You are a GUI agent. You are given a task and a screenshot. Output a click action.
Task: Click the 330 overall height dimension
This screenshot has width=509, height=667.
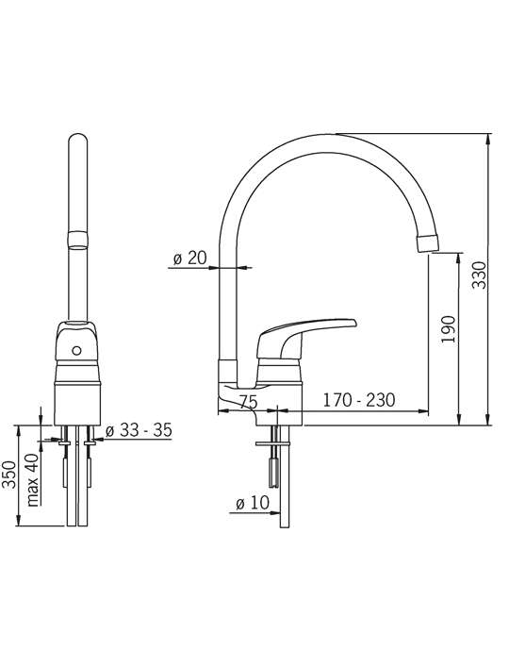pyautogui.click(x=480, y=275)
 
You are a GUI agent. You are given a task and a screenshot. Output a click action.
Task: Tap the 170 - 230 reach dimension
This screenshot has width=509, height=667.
pyautogui.click(x=359, y=400)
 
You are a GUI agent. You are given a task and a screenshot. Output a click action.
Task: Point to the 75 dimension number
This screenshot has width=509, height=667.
pyautogui.click(x=248, y=402)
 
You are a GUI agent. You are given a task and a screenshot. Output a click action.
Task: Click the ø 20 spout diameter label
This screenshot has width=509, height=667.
pyautogui.click(x=189, y=258)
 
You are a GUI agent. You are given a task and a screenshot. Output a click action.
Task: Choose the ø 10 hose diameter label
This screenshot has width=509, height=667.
pyautogui.click(x=253, y=503)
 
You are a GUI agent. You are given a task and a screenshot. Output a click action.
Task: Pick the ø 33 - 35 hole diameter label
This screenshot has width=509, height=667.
pyautogui.click(x=139, y=430)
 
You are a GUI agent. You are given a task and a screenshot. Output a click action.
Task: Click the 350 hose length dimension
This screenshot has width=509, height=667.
pyautogui.click(x=9, y=475)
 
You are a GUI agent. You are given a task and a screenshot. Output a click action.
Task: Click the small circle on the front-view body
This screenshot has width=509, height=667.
pyautogui.click(x=76, y=351)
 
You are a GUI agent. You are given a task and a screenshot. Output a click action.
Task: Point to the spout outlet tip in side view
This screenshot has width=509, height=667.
pyautogui.click(x=427, y=243)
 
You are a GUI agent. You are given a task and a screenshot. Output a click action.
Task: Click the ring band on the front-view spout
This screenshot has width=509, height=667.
pyautogui.click(x=78, y=239)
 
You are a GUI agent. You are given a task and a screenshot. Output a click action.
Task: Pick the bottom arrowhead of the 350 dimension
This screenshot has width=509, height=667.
pyautogui.click(x=18, y=521)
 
